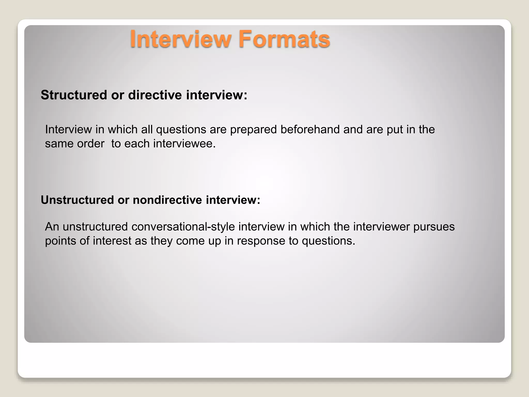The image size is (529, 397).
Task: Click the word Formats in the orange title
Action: click(284, 39)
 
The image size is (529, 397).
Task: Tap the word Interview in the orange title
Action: click(181, 39)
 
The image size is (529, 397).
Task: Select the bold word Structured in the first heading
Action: click(74, 95)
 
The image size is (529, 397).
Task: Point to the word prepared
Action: click(253, 130)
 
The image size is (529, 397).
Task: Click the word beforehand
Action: click(310, 129)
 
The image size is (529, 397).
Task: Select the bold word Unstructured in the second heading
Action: click(77, 200)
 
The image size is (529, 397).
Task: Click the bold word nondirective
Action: click(167, 200)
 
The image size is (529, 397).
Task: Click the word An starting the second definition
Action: click(52, 227)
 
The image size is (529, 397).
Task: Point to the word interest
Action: click(112, 241)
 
